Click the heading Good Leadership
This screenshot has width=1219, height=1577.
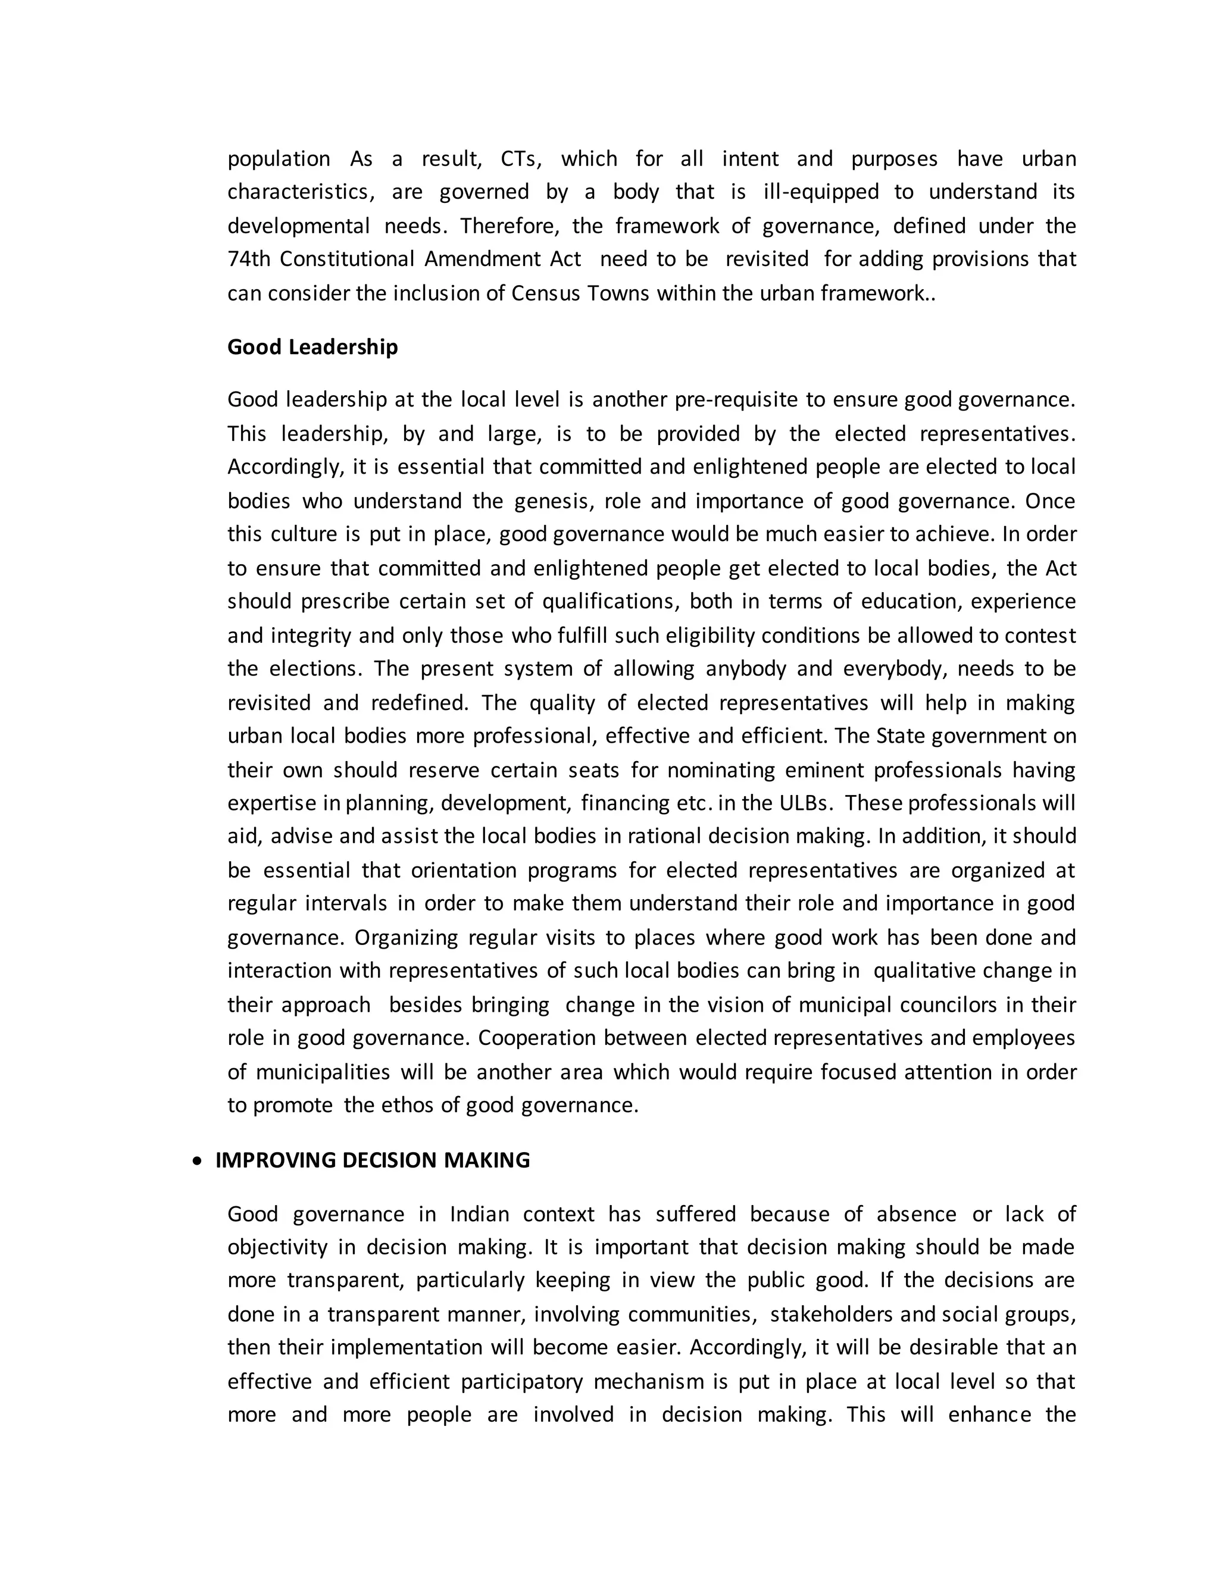pos(312,348)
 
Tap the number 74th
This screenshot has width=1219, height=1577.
pos(248,259)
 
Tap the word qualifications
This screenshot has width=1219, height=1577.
pos(609,602)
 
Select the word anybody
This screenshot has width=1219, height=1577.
pos(745,669)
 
